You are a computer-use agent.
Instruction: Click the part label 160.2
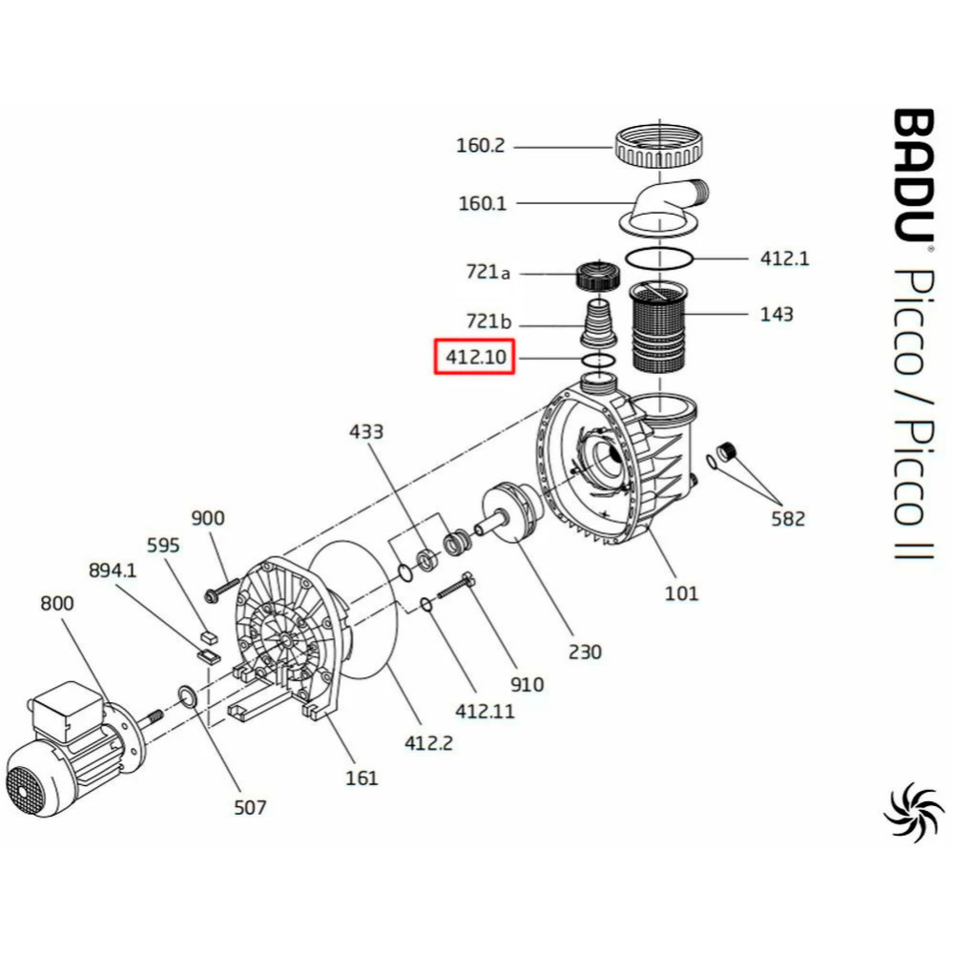click(x=481, y=146)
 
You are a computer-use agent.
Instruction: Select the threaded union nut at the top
click(x=660, y=147)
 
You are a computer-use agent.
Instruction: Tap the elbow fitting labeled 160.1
click(x=664, y=207)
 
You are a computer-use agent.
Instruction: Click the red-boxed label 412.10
click(x=475, y=357)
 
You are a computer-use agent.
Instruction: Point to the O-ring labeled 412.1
click(x=659, y=258)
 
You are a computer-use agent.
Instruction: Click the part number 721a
click(x=487, y=271)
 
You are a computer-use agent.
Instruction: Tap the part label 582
click(x=788, y=518)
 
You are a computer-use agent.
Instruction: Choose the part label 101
click(x=681, y=592)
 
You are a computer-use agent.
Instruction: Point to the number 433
click(x=365, y=431)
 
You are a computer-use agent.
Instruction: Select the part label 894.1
click(x=113, y=570)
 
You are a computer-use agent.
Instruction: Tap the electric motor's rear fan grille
click(x=26, y=787)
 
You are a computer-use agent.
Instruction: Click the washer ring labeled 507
click(x=186, y=696)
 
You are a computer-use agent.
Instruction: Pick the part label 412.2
click(x=428, y=742)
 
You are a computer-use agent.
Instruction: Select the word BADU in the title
click(x=913, y=176)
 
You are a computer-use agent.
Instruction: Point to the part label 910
click(x=527, y=684)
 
